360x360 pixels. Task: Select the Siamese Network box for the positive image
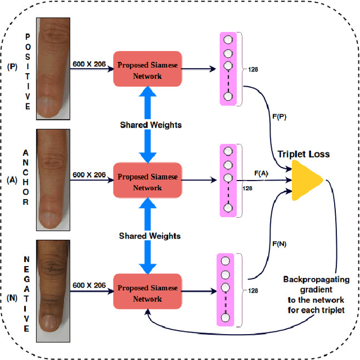click(147, 70)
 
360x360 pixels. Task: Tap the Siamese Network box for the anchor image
click(147, 182)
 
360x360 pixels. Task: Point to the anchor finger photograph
click(53, 178)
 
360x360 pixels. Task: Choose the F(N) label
click(280, 244)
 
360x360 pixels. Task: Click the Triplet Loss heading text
click(303, 154)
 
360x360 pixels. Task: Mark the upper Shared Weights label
click(150, 124)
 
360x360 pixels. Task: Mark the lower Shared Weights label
click(149, 236)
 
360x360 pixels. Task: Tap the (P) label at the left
click(12, 66)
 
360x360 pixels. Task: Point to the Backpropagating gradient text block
click(316, 294)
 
